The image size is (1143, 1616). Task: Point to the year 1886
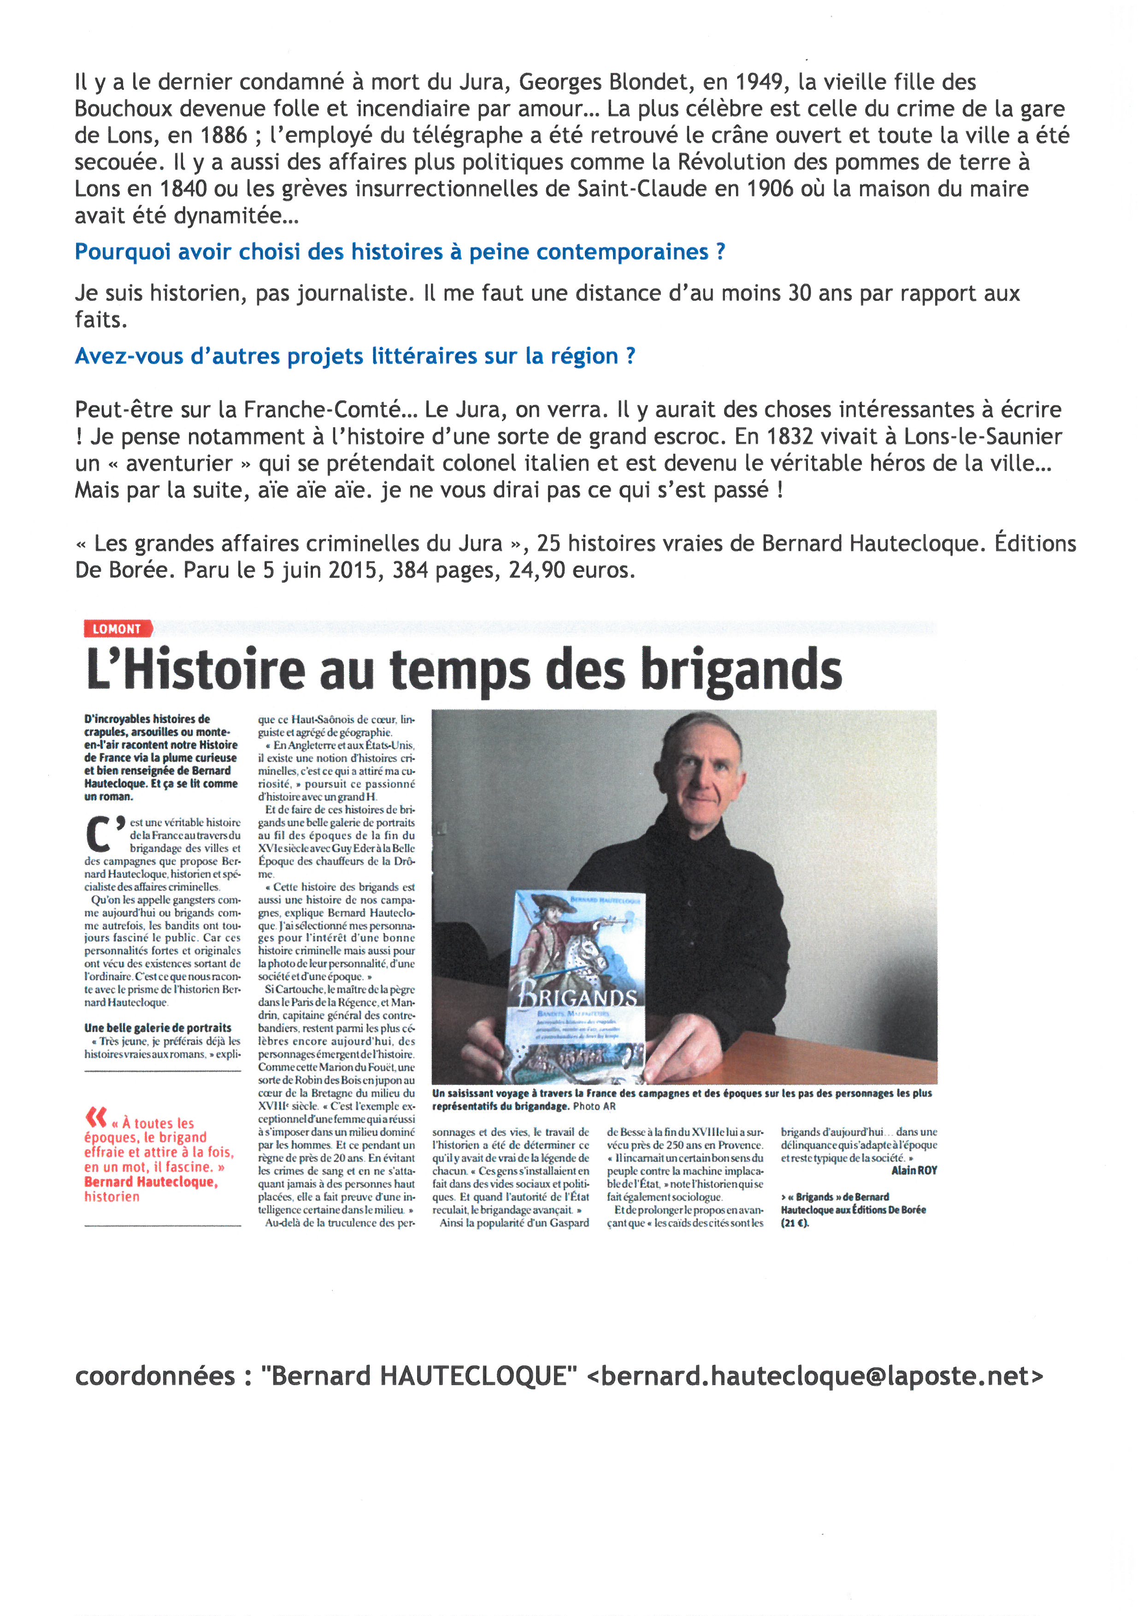click(224, 135)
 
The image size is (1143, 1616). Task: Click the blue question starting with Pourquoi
click(400, 252)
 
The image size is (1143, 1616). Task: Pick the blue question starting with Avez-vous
click(355, 356)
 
